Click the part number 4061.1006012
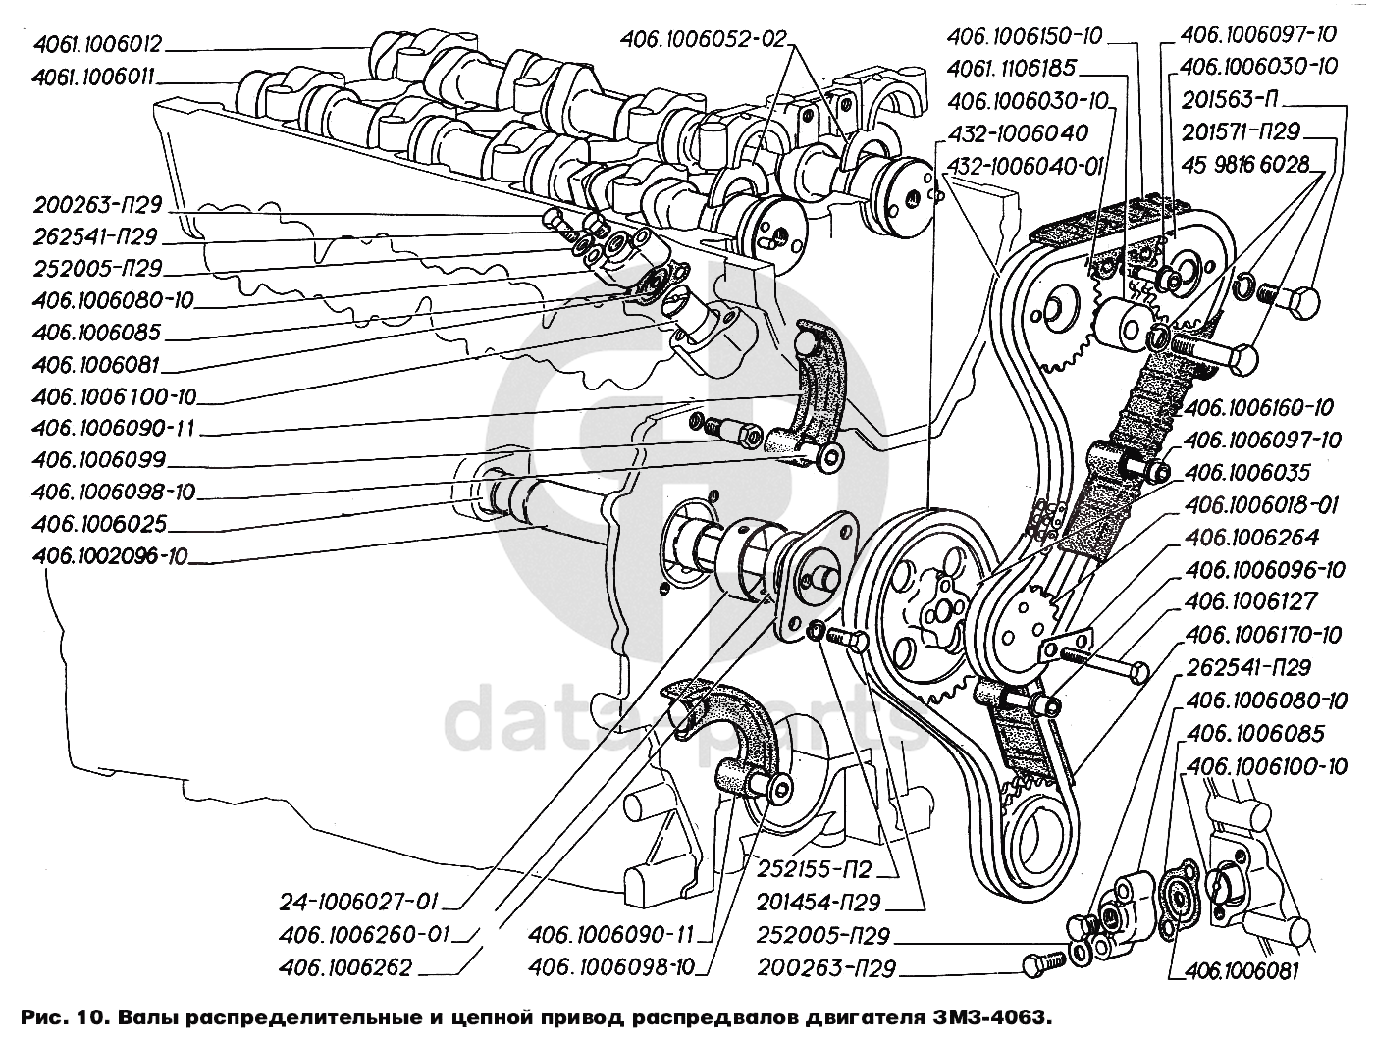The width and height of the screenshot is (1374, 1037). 98,44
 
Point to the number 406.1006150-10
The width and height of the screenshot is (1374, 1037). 1025,36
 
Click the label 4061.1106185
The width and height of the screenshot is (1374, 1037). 1011,68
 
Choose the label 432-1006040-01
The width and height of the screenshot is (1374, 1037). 1025,166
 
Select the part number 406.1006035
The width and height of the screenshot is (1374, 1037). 1247,472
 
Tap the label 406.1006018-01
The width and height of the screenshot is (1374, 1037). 1261,504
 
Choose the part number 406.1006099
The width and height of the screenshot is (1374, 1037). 99,460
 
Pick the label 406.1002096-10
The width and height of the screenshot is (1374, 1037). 110,556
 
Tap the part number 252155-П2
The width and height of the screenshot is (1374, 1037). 815,869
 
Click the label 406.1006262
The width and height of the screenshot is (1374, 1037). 345,968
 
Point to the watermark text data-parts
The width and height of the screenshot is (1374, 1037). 684,718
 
